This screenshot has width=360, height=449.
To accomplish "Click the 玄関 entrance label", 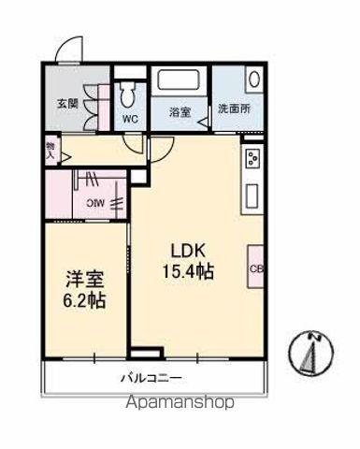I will [66, 103].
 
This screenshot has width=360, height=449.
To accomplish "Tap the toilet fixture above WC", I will [128, 92].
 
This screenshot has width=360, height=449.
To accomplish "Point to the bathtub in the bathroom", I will [180, 83].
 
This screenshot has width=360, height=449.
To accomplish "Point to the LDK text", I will [188, 250].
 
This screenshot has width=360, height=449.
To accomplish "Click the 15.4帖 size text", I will [188, 272].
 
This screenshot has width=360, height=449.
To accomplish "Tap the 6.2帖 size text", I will [84, 300].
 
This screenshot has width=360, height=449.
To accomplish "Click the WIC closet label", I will [96, 203].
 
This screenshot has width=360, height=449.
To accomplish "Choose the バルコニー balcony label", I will [150, 379].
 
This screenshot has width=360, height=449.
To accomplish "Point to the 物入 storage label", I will [50, 150].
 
